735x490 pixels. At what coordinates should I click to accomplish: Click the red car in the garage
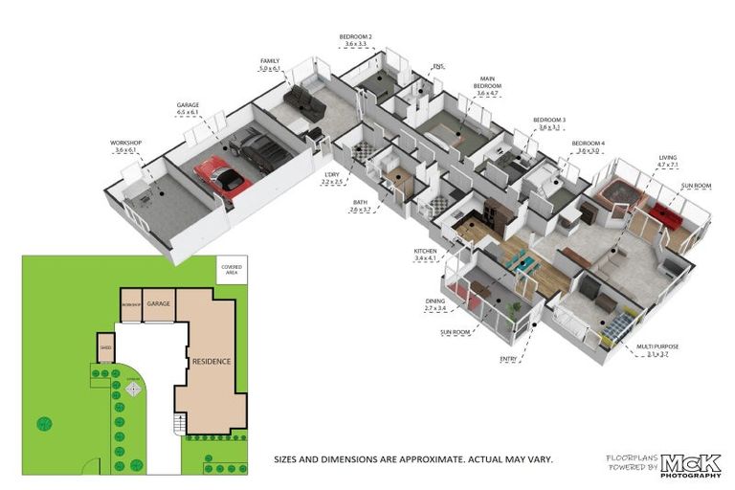click(x=222, y=176)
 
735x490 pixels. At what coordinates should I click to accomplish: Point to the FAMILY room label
click(x=270, y=60)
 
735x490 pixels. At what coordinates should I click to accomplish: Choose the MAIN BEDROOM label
click(x=487, y=86)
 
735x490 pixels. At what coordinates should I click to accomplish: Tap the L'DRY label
click(x=331, y=174)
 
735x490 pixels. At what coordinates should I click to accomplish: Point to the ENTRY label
click(x=508, y=359)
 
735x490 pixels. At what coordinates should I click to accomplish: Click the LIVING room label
click(x=667, y=157)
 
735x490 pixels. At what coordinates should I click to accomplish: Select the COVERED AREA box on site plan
click(x=231, y=269)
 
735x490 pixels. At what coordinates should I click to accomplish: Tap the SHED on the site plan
click(x=106, y=347)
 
